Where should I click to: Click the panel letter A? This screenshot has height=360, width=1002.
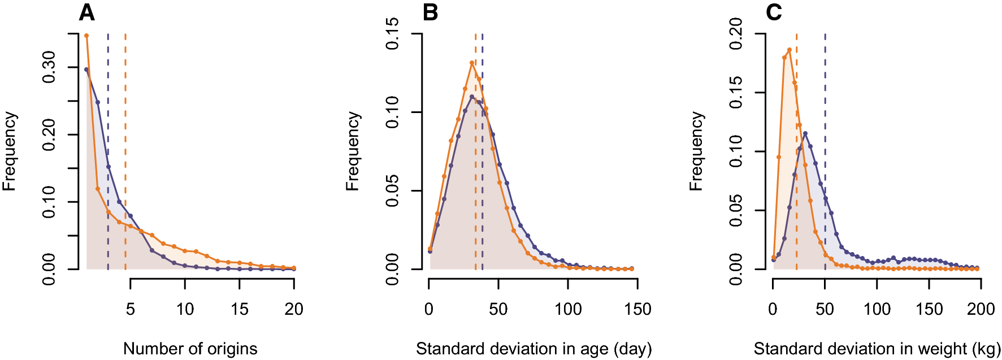pos(86,12)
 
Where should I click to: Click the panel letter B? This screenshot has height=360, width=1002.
pos(430,12)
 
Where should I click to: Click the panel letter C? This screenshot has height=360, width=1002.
pos(774,12)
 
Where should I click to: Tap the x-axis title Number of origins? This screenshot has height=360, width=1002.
pos(190,349)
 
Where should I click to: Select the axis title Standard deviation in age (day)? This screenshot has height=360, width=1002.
pos(533,349)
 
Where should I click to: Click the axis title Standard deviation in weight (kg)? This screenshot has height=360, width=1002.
pos(877,349)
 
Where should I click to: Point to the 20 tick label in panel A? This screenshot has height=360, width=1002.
pos(294,309)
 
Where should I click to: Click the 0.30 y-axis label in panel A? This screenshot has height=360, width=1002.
pos(49,67)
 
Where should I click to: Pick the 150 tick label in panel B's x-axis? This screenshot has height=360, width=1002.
pos(637,309)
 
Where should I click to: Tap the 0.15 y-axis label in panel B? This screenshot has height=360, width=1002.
pos(392,34)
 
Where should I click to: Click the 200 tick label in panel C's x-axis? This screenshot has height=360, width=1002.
pos(981,309)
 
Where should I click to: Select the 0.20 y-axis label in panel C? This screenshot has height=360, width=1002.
pos(736,34)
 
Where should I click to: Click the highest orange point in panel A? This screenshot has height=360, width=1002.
pos(86,36)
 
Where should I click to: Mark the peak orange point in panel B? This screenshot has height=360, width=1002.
pos(471,63)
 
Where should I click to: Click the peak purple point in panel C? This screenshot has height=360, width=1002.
pos(805,133)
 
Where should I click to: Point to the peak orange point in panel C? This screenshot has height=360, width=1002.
pos(790,50)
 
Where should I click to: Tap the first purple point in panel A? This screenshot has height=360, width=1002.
pos(86,70)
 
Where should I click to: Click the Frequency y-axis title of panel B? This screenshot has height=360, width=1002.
pos(353,151)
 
